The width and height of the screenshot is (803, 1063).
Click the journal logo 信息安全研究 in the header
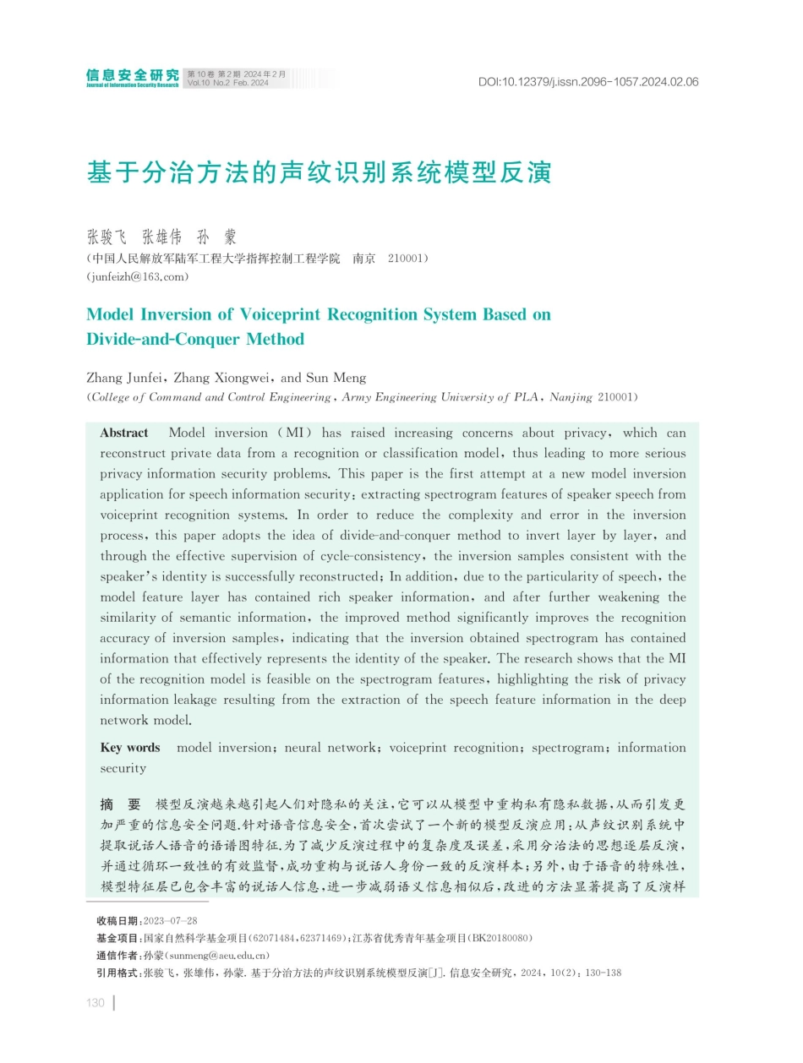pos(132,76)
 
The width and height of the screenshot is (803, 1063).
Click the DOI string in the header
pos(588,82)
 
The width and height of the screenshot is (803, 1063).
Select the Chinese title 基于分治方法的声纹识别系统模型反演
pos(320,173)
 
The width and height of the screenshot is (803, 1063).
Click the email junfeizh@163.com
pos(138,276)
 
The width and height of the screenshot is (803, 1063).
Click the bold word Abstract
pos(124,433)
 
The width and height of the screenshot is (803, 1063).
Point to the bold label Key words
pos(130,748)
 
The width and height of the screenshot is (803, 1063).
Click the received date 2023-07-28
pos(171,920)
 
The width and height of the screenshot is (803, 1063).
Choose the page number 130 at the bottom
pos(96,1003)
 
